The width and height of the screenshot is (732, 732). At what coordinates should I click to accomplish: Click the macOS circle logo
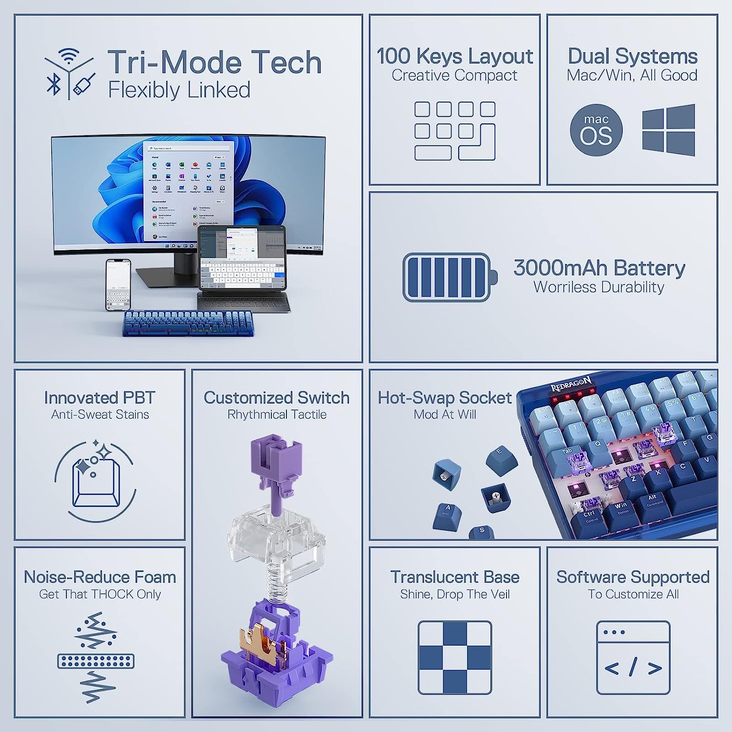pos(596,130)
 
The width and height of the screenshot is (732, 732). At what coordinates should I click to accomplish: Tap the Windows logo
pos(668,130)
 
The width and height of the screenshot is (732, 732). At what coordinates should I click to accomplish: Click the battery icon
pos(449,277)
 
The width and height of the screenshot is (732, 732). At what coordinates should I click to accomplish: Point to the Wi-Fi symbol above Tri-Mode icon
pos(69,55)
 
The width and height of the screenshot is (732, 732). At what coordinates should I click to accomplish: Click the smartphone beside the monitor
pos(118,285)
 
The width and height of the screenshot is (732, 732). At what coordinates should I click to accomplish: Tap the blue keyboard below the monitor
pos(187,323)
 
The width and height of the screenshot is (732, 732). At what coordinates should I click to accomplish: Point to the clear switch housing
pos(276,537)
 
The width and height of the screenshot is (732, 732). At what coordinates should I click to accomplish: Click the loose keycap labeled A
pos(447,516)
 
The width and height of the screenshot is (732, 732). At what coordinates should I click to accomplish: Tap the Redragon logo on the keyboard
pos(570,384)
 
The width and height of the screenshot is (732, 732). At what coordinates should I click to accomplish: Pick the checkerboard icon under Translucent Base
pos(455,657)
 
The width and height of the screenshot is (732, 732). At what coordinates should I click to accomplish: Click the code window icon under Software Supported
pos(633,657)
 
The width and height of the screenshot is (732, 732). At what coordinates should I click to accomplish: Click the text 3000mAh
pos(560,268)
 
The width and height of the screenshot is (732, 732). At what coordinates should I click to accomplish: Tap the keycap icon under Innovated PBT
pos(95,482)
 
